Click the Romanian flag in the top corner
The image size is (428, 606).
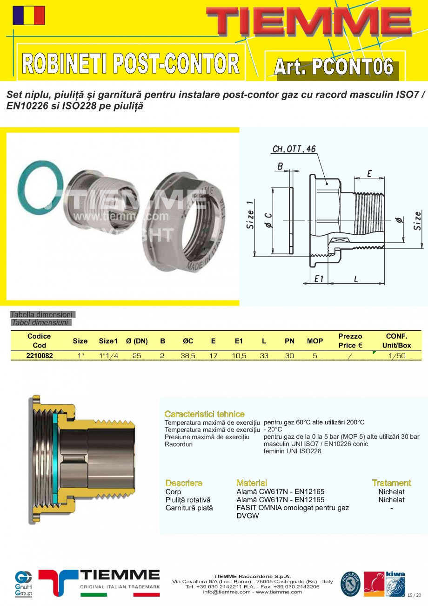point(29,15)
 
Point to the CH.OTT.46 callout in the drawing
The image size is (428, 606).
point(294,149)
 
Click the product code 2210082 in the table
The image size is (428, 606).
point(40,355)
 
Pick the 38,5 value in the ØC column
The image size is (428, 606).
point(188,355)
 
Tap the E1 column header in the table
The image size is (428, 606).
point(239,341)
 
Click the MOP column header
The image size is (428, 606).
point(315,341)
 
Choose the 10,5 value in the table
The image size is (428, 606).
point(239,355)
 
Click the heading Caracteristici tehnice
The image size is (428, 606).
point(204,414)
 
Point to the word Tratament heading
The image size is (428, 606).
point(391,483)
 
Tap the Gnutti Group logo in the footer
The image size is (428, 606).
point(23,583)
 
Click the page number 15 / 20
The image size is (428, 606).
point(414,595)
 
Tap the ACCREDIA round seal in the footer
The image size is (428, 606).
point(350,584)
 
